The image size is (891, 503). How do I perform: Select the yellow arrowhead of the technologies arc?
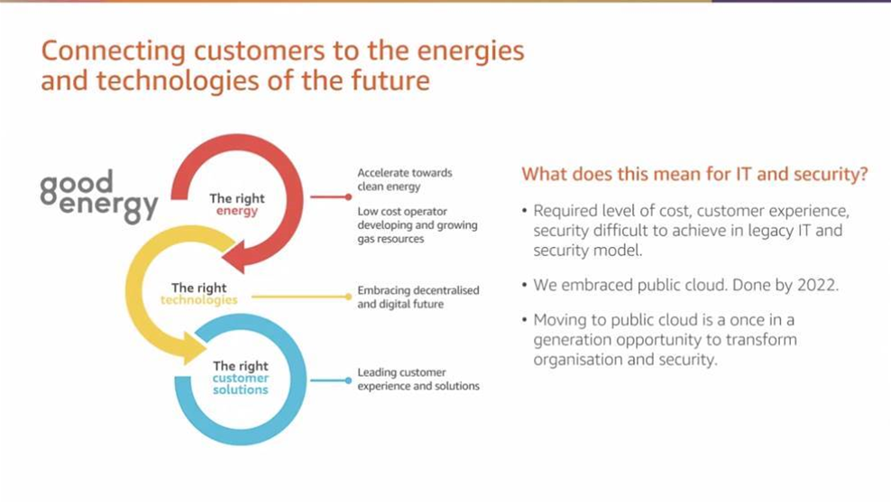(194, 347)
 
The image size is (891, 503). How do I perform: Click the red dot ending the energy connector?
(348, 197)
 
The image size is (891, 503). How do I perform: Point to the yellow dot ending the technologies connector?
(348, 297)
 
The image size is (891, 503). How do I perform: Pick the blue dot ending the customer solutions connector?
(348, 380)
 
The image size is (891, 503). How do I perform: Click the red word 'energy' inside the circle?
(237, 212)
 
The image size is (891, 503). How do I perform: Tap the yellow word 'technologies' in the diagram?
(199, 300)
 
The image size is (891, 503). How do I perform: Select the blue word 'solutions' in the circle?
(241, 390)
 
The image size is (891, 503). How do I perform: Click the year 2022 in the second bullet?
(818, 285)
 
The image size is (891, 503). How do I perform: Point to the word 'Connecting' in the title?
(113, 51)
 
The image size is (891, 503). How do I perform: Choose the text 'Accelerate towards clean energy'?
(405, 179)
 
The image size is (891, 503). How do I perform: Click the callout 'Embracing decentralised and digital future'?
(418, 297)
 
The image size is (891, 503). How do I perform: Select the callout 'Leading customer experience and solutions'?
(418, 380)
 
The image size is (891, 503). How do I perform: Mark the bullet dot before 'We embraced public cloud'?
(525, 285)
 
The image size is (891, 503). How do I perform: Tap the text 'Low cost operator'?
(401, 211)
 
